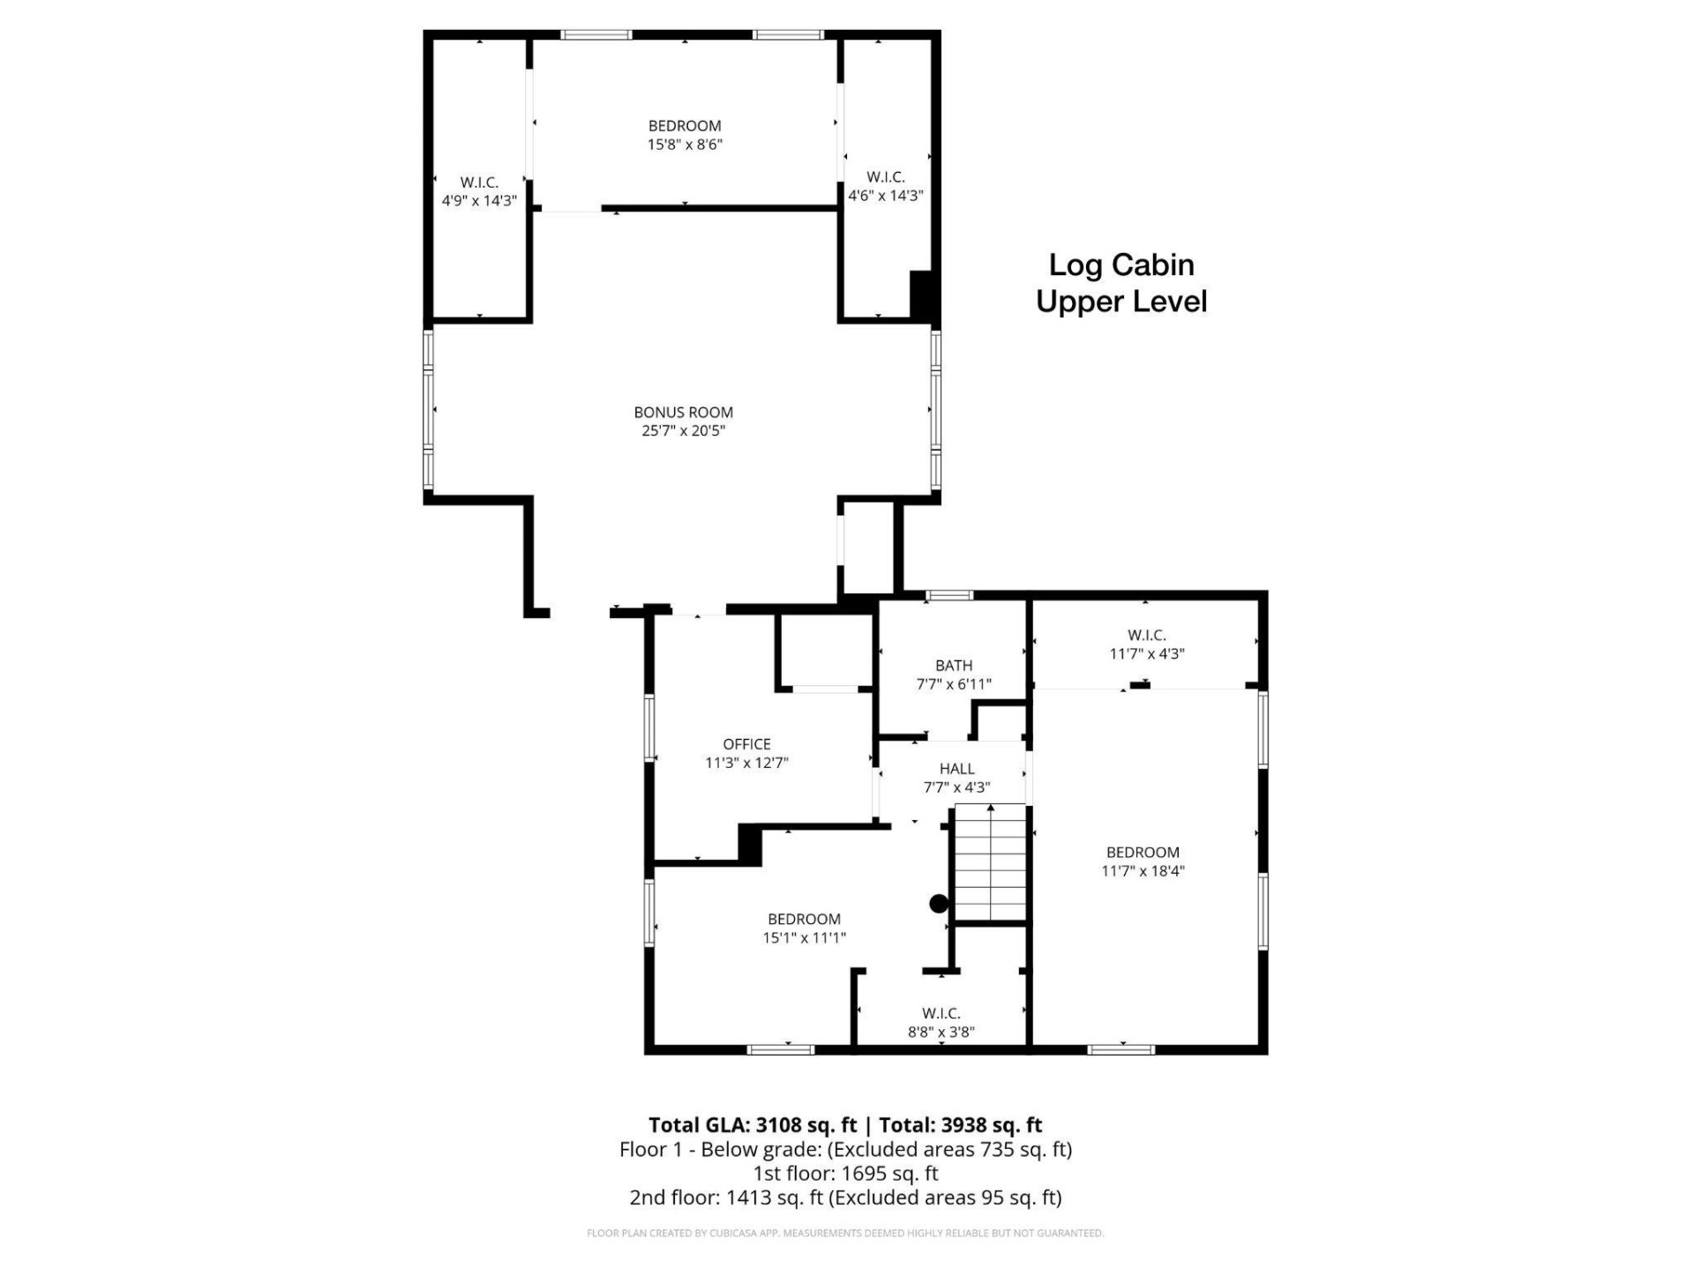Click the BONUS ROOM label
(x=683, y=412)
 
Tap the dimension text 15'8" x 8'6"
(x=685, y=145)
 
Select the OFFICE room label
(x=746, y=744)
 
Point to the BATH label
(x=954, y=666)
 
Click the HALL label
(x=956, y=769)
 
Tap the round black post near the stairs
(x=939, y=904)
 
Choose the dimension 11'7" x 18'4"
(x=1143, y=871)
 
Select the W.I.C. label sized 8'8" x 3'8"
(x=941, y=1013)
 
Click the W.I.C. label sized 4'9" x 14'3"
(x=479, y=183)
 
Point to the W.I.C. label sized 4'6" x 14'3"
(x=885, y=177)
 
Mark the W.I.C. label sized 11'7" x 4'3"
(x=1146, y=635)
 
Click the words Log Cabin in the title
(x=1121, y=265)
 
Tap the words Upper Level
(x=1121, y=302)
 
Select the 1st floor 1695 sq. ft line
(x=845, y=1174)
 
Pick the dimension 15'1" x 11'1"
(x=804, y=938)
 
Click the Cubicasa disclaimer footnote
(x=844, y=1233)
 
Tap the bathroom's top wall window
(x=948, y=596)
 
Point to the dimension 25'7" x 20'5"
(x=683, y=431)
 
